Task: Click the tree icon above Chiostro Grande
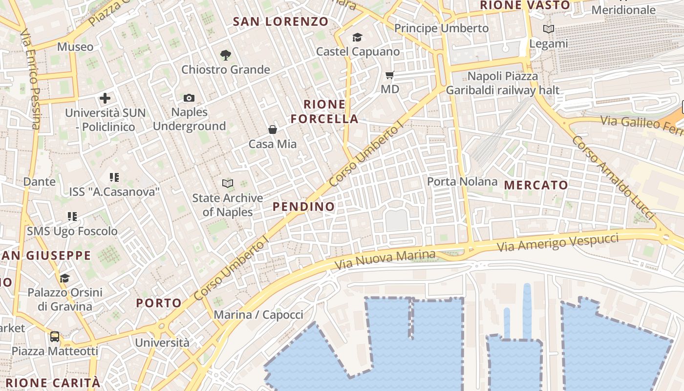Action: (225, 55)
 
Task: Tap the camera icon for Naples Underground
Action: (189, 98)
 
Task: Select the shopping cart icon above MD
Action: (390, 75)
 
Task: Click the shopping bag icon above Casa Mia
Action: (273, 130)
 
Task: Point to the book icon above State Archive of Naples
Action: (227, 183)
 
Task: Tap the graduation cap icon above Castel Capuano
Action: (358, 37)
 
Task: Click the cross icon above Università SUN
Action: (105, 98)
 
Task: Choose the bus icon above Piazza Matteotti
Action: (55, 336)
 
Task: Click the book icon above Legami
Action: (549, 29)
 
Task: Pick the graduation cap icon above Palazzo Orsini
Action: (64, 278)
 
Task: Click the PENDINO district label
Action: (304, 206)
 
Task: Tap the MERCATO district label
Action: (536, 185)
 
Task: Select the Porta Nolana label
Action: (462, 182)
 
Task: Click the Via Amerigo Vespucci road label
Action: (558, 242)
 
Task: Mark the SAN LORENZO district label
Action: (280, 22)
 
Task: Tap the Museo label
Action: (75, 47)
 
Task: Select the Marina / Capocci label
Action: (258, 314)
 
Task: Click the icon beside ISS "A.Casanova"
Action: (114, 177)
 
